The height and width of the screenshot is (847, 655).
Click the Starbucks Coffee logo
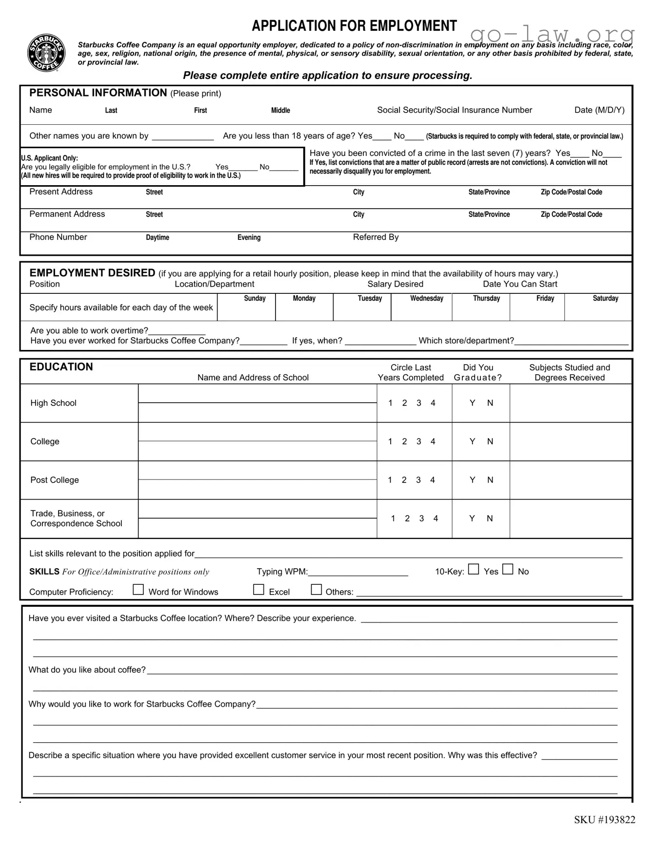pyautogui.click(x=46, y=53)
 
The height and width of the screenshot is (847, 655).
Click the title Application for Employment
pyautogui.click(x=354, y=26)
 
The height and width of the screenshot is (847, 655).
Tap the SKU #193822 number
pyautogui.click(x=604, y=820)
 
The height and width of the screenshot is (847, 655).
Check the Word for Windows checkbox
pyautogui.click(x=139, y=590)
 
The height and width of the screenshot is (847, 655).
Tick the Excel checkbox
pyautogui.click(x=258, y=590)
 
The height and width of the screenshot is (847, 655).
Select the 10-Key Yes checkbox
pyautogui.click(x=473, y=569)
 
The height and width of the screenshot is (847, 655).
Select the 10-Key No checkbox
pyautogui.click(x=508, y=569)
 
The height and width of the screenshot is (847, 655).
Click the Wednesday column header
pyautogui.click(x=426, y=298)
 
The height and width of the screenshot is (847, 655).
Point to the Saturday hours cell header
pyautogui.click(x=605, y=298)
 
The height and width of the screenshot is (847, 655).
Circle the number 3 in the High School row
pyautogui.click(x=418, y=403)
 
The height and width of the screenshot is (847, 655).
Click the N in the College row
pyautogui.click(x=490, y=442)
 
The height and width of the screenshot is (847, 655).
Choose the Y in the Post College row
pyautogui.click(x=472, y=480)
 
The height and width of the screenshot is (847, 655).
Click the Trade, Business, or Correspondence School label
pyautogui.click(x=76, y=519)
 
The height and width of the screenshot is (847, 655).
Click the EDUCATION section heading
pyautogui.click(x=61, y=367)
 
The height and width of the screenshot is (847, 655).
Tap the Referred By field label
pyautogui.click(x=376, y=237)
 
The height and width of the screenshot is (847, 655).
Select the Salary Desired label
pyautogui.click(x=395, y=284)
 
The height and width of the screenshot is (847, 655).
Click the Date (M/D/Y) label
pyautogui.click(x=599, y=110)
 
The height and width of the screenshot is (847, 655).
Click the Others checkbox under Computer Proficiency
pyautogui.click(x=317, y=590)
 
